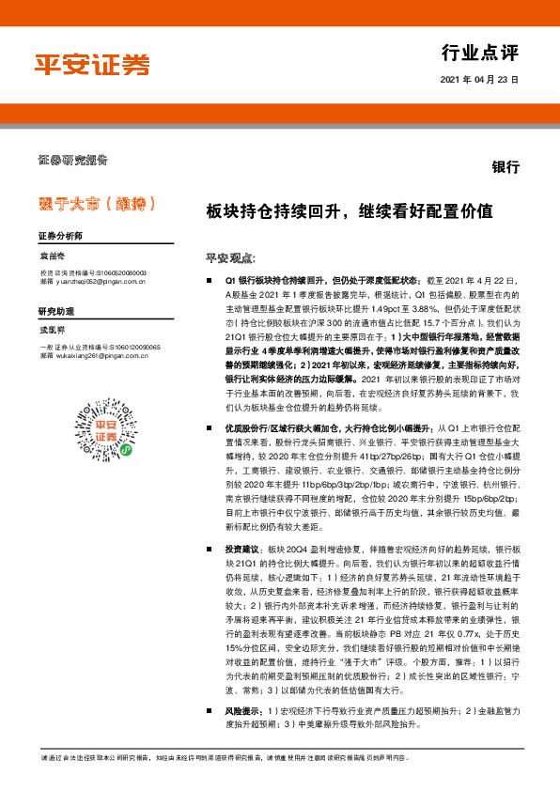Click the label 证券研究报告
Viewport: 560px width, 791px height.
[73, 159]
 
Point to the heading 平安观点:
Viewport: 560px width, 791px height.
[230, 257]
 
